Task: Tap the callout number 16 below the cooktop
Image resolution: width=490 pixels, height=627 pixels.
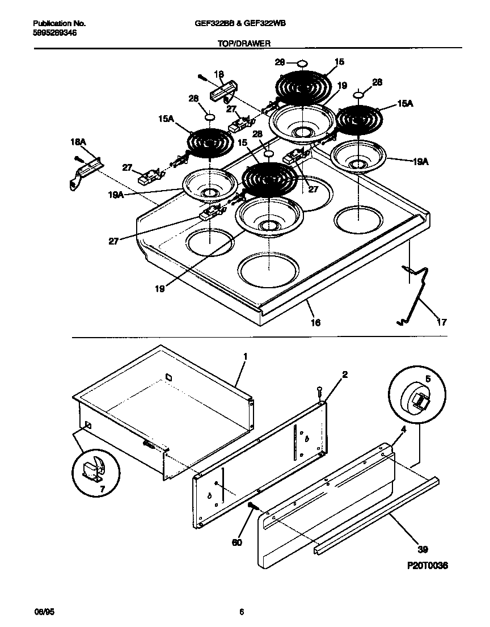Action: pyautogui.click(x=315, y=322)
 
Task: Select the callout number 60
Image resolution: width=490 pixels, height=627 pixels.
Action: pyautogui.click(x=236, y=542)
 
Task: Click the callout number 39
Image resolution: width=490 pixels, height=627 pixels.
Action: pyautogui.click(x=423, y=549)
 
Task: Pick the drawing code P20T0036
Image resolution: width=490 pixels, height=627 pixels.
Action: pyautogui.click(x=426, y=566)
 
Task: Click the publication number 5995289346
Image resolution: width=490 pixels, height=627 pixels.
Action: pyautogui.click(x=54, y=33)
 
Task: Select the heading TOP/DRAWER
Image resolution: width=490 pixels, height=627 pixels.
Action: pyautogui.click(x=244, y=43)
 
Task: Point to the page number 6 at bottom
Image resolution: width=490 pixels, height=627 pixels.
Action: pyautogui.click(x=242, y=612)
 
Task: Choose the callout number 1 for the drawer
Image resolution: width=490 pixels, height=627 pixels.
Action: pyautogui.click(x=245, y=356)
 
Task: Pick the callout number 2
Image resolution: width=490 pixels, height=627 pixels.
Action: pyautogui.click(x=345, y=374)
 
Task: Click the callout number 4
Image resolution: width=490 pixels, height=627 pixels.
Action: pyautogui.click(x=404, y=430)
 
